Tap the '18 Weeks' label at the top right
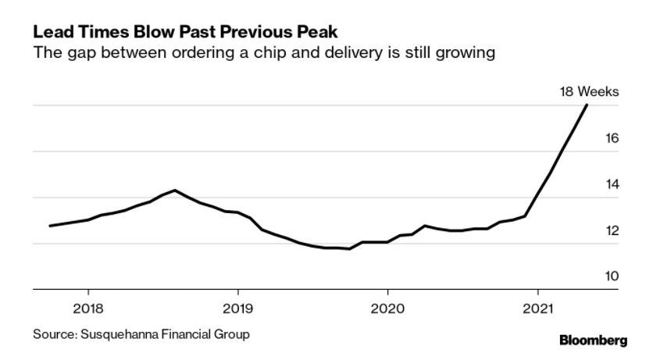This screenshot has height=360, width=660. [589, 91]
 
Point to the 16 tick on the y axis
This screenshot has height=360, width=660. [612, 138]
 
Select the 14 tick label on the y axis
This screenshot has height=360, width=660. [612, 184]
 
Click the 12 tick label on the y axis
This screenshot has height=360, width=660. [612, 230]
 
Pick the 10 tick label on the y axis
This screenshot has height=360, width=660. [612, 276]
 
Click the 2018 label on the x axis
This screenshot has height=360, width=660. [87, 306]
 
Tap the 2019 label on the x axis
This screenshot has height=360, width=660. [237, 306]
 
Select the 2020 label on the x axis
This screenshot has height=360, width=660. [388, 306]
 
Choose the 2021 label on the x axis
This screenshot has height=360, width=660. [538, 306]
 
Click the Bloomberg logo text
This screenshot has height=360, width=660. [593, 340]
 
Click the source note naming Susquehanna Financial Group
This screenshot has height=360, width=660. [141, 334]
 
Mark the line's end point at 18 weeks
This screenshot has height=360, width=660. [587, 105]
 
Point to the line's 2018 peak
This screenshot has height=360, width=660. [174, 190]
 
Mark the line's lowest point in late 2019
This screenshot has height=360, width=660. [348, 249]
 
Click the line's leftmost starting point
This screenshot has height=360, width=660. [50, 226]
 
